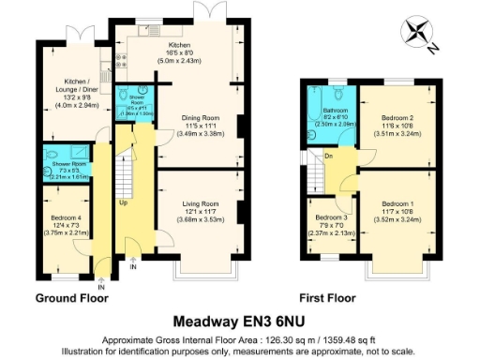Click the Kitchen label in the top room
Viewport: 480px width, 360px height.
coord(179,44)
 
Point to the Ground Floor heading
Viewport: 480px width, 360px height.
coord(71,298)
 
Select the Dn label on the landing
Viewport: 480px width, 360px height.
coord(328,157)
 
